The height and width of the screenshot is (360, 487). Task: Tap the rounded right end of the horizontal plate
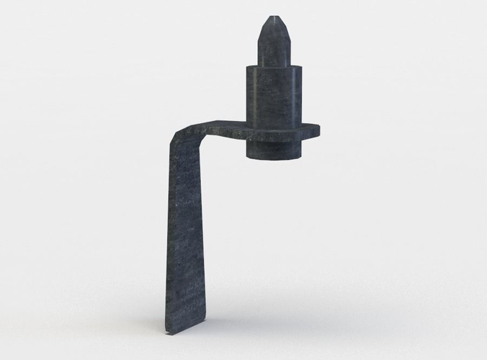(x=317, y=130)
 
